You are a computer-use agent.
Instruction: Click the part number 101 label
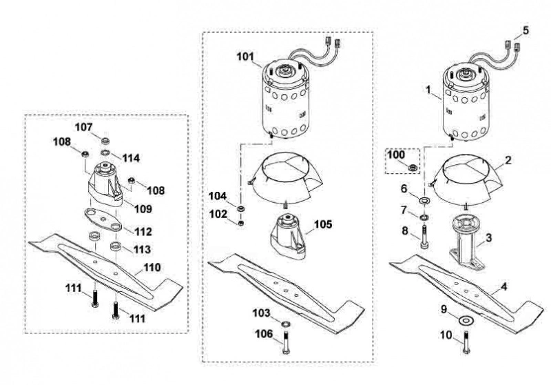[245, 57]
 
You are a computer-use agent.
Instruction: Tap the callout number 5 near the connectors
[526, 30]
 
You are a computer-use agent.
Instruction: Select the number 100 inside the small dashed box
[396, 155]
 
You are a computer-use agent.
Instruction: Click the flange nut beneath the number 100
[411, 167]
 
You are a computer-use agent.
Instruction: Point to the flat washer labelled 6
[425, 201]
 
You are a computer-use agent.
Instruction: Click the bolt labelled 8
[424, 237]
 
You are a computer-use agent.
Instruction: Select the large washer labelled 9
[466, 320]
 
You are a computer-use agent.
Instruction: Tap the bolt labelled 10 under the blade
[466, 342]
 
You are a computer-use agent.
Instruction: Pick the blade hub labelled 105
[287, 235]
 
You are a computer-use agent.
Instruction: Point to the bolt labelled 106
[286, 343]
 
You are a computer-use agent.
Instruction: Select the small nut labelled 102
[240, 223]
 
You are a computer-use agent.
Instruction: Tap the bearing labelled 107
[105, 141]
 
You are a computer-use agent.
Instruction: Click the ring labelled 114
[105, 152]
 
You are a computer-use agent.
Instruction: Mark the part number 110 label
[152, 268]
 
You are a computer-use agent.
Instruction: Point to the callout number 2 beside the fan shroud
[508, 160]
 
